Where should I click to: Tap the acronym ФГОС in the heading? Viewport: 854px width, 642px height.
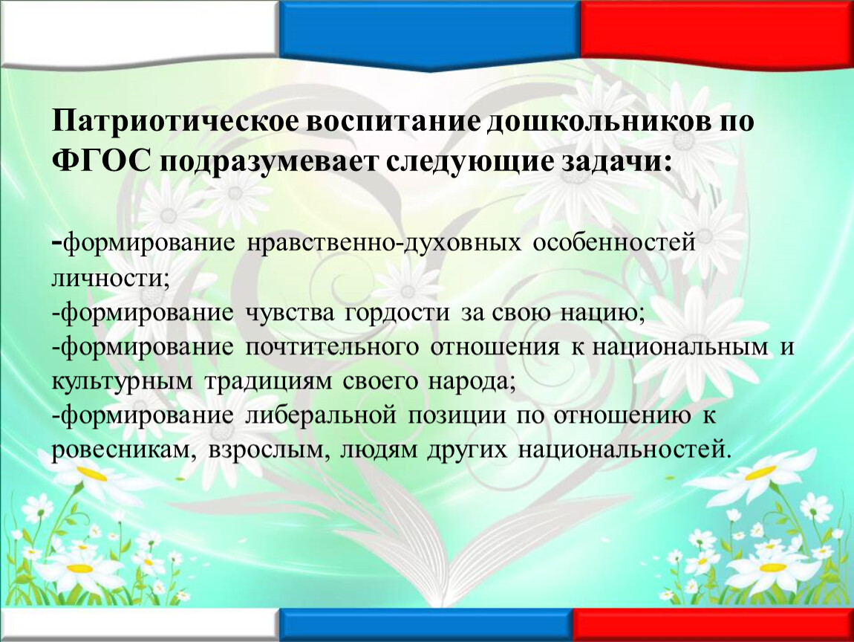pos(101,162)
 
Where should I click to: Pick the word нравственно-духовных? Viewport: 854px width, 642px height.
pos(384,243)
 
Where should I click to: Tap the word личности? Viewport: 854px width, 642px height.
pos(111,278)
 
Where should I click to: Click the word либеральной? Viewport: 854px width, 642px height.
pos(321,416)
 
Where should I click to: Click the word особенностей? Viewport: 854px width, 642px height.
pos(614,243)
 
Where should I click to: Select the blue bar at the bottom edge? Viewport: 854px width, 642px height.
pos(426,625)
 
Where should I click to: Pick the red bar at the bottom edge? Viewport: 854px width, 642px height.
pos(713,625)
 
